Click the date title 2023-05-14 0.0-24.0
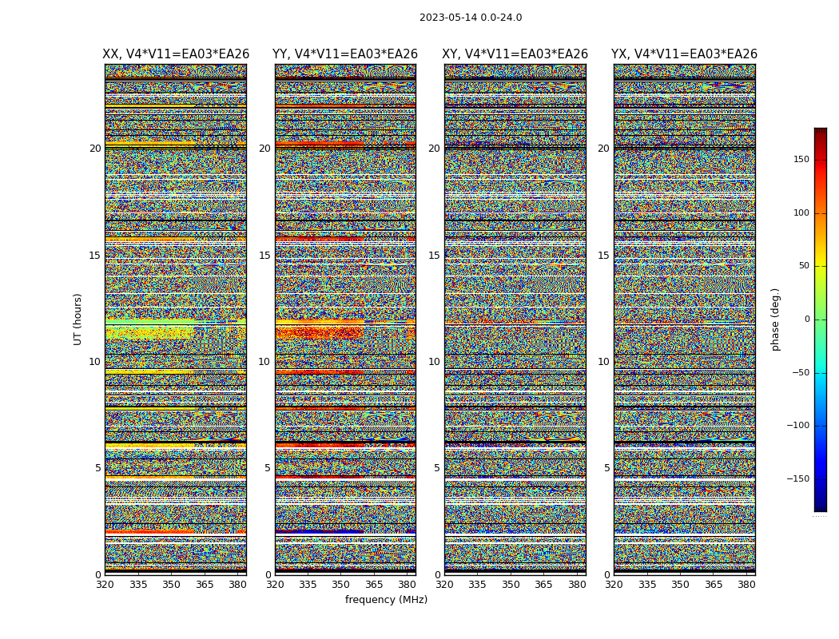[x=471, y=18]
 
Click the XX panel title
[x=176, y=54]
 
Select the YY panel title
[x=345, y=54]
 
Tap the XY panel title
[x=515, y=54]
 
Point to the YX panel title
[x=684, y=54]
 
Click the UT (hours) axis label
[x=78, y=319]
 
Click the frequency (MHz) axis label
[x=386, y=600]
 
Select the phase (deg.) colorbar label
[x=775, y=319]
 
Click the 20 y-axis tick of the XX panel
[x=95, y=149]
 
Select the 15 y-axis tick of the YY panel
[x=264, y=256]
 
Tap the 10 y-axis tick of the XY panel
[x=434, y=362]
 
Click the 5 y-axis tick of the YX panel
[x=606, y=468]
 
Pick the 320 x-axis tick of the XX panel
[x=105, y=585]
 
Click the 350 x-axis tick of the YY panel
[x=341, y=585]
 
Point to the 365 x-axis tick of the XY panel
[x=543, y=585]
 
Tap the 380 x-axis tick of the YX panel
[x=746, y=585]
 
